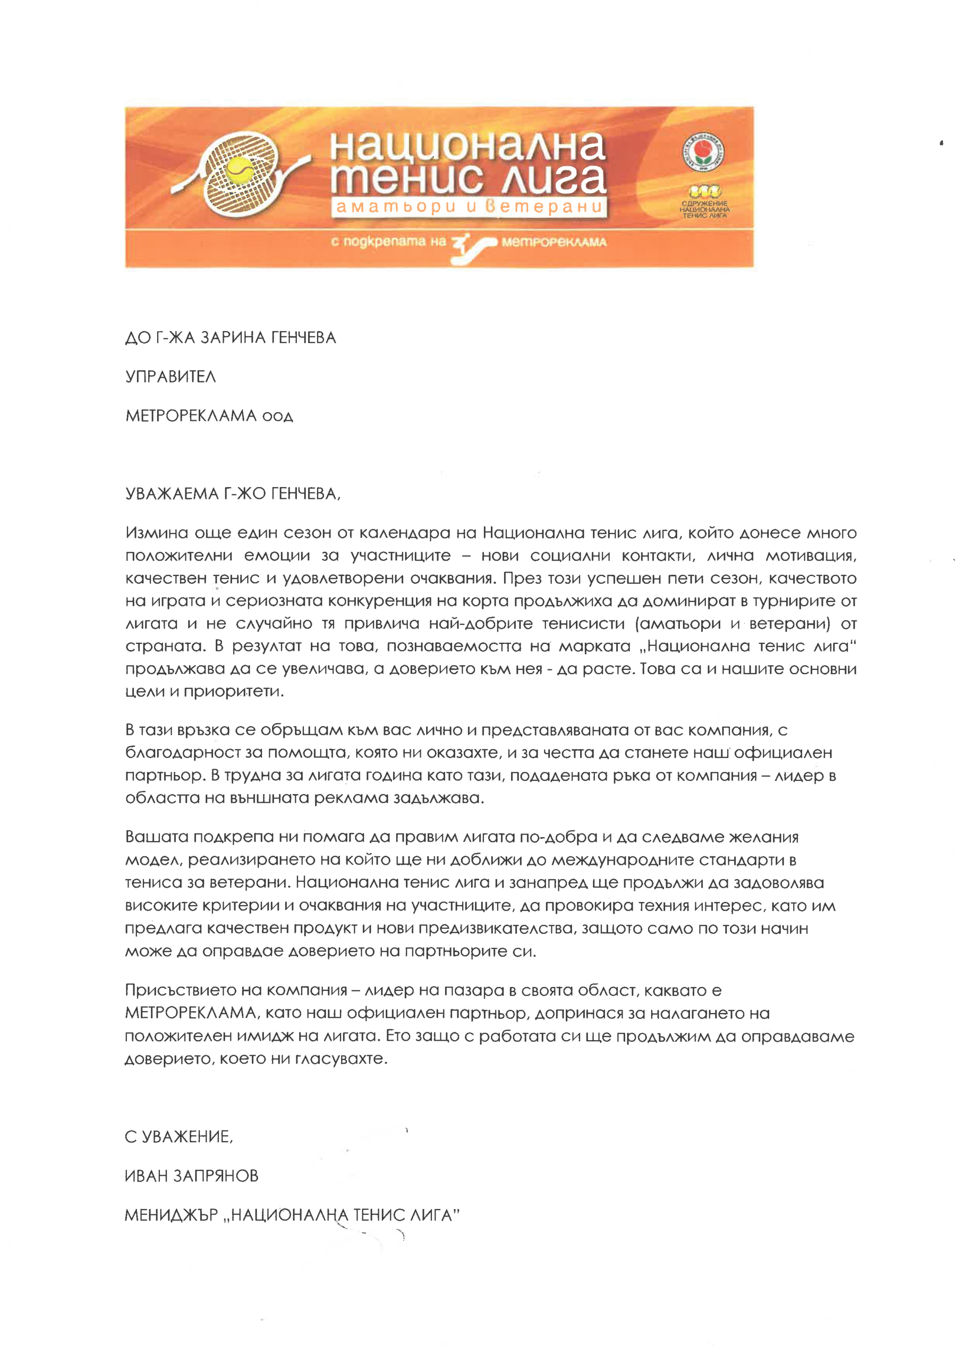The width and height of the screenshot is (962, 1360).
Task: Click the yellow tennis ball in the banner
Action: click(241, 171)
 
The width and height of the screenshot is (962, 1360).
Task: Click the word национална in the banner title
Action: click(467, 145)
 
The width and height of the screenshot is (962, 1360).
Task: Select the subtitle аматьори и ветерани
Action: click(469, 207)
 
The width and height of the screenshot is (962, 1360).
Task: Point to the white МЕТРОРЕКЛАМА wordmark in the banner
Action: click(554, 242)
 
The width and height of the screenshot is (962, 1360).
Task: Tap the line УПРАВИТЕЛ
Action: click(171, 377)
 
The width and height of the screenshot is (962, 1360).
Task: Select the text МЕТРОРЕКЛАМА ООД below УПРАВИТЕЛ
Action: click(209, 416)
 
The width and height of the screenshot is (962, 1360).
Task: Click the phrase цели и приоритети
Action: click(205, 691)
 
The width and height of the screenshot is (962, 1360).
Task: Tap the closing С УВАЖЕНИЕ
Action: click(179, 1136)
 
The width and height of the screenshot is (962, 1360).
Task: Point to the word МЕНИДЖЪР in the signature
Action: click(171, 1215)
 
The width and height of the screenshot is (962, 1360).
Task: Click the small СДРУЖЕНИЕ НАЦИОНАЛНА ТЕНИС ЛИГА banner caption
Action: click(704, 209)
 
